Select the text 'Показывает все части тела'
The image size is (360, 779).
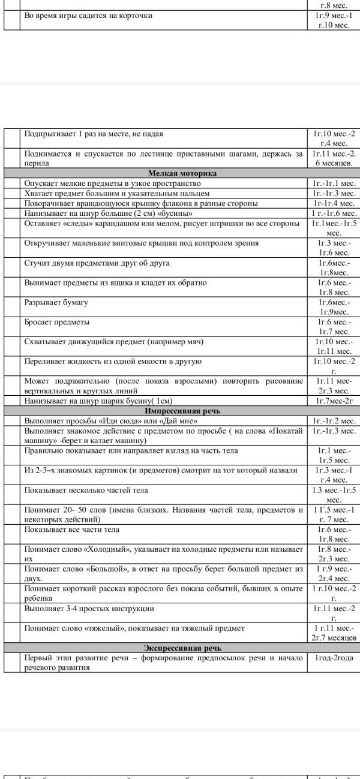[x=71, y=530]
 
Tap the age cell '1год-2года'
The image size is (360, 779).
[x=334, y=658]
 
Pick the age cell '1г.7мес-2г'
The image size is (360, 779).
[x=334, y=401]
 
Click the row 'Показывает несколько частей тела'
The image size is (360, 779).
[x=86, y=490]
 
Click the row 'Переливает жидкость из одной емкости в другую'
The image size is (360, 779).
[x=113, y=361]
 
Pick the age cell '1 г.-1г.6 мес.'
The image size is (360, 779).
[x=334, y=213]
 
